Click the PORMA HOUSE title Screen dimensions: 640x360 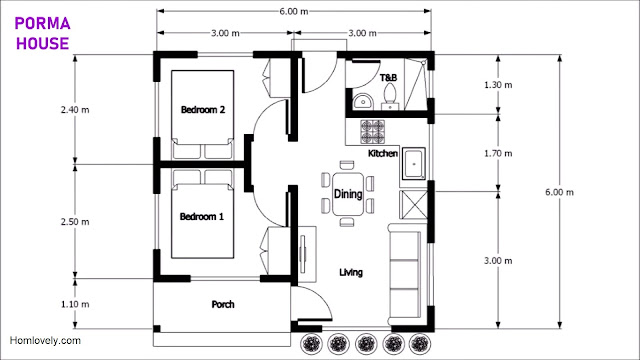pos(42,33)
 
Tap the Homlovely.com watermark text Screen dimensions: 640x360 pos(45,340)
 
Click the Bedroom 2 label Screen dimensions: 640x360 pos(203,109)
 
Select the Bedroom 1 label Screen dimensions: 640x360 pos(202,216)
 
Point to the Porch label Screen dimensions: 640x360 pos(223,304)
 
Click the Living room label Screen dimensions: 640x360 pos(351,272)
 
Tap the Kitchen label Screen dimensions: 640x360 pos(383,153)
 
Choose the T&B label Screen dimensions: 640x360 pos(388,78)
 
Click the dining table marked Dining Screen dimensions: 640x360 pos(348,194)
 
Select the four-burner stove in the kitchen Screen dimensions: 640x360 pos(372,131)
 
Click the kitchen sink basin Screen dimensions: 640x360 pos(414,164)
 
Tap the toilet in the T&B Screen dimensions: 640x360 pos(390,96)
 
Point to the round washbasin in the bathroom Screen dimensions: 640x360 pos(362,102)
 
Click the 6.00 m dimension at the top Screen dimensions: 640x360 pos(294,11)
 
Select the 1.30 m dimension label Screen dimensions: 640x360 pos(498,85)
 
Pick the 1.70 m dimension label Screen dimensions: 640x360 pos(498,153)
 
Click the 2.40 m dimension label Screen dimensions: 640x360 pos(75,109)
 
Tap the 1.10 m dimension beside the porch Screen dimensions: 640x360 pos(75,304)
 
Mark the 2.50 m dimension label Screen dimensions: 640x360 pos(75,222)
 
